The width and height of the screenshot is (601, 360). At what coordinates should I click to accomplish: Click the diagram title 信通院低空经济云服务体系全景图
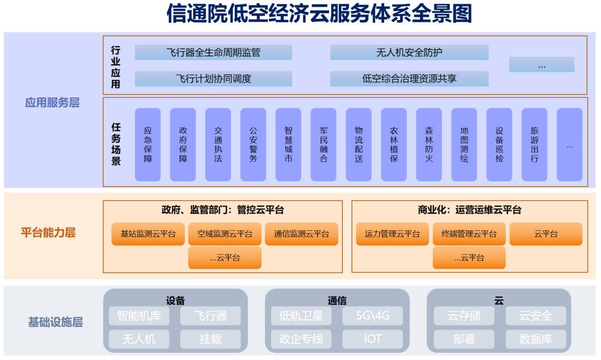click(x=319, y=14)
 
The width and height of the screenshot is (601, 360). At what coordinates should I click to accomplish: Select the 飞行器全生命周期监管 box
click(x=214, y=52)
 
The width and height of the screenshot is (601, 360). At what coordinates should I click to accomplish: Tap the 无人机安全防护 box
click(x=410, y=52)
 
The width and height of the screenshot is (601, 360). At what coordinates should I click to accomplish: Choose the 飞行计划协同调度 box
click(x=214, y=78)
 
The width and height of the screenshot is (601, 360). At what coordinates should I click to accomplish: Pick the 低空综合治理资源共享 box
click(x=410, y=78)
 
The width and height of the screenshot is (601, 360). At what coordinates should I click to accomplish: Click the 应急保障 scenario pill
click(x=148, y=145)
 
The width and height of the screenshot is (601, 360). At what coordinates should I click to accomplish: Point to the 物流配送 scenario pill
click(x=359, y=145)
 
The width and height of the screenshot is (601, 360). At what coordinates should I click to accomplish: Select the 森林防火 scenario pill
click(x=429, y=145)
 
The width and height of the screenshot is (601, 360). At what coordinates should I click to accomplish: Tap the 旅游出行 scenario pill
click(x=534, y=145)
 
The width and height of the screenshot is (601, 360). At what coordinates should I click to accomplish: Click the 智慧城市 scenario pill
click(x=288, y=145)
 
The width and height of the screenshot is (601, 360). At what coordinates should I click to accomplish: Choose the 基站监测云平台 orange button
click(x=148, y=234)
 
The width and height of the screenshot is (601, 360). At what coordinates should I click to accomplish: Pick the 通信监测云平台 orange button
click(x=302, y=234)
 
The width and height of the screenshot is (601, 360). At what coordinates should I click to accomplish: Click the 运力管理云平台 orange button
click(x=392, y=234)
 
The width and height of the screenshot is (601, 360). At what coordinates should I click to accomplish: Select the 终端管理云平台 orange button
click(x=469, y=234)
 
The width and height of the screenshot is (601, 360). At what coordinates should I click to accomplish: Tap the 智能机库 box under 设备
click(x=139, y=316)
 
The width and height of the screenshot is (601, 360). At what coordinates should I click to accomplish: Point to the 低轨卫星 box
click(x=301, y=316)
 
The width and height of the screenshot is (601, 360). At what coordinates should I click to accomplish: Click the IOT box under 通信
click(x=372, y=339)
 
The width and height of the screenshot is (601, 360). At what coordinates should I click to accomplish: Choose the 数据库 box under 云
click(x=536, y=339)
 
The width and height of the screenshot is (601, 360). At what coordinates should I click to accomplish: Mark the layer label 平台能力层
click(x=48, y=233)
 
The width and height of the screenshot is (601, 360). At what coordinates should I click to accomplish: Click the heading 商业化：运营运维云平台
click(x=470, y=210)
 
